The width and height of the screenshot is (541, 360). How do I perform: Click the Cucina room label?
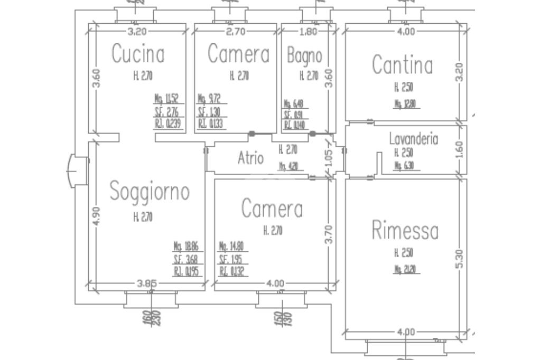138,55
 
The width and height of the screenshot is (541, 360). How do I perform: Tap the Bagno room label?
304,55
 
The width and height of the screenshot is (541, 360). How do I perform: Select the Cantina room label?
402,65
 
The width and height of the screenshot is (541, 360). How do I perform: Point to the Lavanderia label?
414,139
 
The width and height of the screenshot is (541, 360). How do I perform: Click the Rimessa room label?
405,231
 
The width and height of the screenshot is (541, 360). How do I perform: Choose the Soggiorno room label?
149,192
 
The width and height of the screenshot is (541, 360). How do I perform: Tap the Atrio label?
250,158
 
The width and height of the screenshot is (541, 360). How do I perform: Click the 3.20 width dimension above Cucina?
137,31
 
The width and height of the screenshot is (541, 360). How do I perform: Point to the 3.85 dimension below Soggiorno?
147,283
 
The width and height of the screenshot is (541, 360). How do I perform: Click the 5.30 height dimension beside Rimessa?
459,259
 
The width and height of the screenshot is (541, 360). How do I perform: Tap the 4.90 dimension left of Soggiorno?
96,215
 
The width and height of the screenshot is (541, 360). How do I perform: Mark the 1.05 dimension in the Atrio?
328,159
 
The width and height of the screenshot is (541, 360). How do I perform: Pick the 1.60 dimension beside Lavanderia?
459,150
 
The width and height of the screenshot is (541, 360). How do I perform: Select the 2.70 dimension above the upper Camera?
235,31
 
